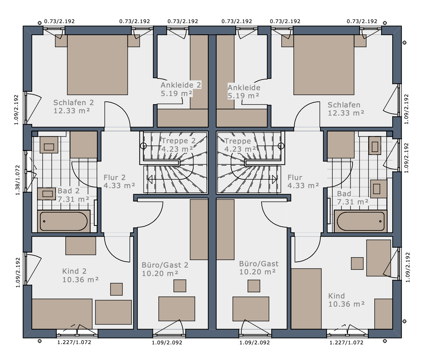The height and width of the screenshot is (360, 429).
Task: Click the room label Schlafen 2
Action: point(74,103)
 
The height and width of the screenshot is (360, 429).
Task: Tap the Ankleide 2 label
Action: point(181,85)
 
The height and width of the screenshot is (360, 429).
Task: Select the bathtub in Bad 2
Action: point(64,221)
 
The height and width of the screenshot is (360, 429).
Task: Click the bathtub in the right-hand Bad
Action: point(361,221)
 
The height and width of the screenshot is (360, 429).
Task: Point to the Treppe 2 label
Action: point(178,141)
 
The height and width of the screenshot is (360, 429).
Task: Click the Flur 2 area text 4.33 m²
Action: point(119,186)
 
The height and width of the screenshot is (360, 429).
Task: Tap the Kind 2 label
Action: point(74,271)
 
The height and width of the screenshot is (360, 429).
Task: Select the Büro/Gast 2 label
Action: point(165,265)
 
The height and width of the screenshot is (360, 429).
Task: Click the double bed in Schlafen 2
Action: point(97,65)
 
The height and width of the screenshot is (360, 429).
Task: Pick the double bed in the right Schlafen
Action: point(324,65)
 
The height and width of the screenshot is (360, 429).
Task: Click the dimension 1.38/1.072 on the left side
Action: point(18,180)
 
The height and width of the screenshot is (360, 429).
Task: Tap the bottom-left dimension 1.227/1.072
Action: point(74,342)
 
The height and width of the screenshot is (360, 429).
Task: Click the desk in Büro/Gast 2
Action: point(177,309)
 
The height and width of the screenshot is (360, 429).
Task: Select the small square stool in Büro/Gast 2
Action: point(180,286)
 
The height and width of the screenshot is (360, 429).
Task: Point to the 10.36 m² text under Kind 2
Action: point(81,280)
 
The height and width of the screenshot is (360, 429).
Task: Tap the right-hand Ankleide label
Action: point(244,88)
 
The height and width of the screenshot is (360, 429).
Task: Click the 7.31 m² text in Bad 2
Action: point(74,199)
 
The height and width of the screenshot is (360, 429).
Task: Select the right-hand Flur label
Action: point(295,177)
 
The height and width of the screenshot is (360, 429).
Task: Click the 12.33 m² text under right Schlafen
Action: point(346,113)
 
